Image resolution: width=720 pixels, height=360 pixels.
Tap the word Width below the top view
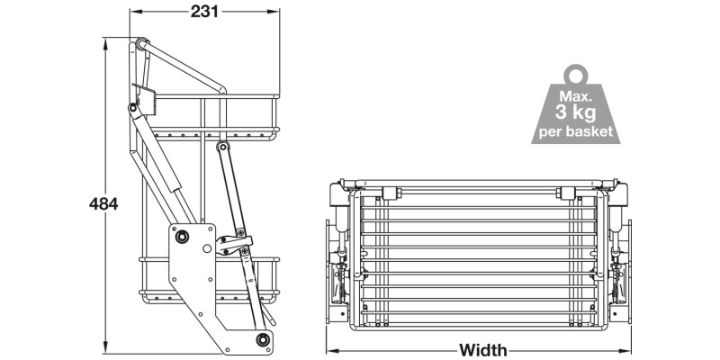click(483, 350)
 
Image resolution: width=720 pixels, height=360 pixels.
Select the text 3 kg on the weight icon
click(577, 112)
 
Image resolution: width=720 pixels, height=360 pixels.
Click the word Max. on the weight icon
click(576, 94)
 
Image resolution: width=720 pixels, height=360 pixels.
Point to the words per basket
click(576, 131)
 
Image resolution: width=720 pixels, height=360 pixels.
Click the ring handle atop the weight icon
click(576, 73)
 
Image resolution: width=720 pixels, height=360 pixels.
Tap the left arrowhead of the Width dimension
click(330, 350)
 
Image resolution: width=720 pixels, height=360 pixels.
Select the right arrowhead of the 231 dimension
click(274, 13)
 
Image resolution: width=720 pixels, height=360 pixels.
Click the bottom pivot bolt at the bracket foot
click(263, 339)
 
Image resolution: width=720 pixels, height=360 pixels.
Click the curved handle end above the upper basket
click(219, 90)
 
